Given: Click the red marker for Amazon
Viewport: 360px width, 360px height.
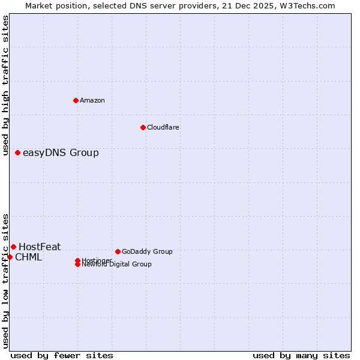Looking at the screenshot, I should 76,100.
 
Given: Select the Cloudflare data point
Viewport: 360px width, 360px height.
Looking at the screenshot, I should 143,127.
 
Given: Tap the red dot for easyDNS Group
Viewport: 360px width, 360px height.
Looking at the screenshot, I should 18,152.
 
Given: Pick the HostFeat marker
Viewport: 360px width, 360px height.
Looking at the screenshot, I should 13,247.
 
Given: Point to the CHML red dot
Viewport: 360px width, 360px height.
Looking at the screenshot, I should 10,257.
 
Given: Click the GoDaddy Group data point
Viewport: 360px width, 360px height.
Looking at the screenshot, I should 118,251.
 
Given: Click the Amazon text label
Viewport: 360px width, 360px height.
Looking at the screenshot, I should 92,100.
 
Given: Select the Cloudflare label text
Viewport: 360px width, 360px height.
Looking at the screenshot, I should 163,127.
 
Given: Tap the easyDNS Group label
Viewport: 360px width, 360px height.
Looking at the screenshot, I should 61,152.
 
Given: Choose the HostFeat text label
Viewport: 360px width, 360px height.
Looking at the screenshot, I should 40,247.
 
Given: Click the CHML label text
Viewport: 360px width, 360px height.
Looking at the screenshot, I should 28,257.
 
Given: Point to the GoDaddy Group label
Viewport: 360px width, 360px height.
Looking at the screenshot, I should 147,251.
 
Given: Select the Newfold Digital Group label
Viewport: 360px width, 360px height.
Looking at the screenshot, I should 117,264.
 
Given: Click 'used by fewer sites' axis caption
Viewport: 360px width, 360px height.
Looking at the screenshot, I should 62,355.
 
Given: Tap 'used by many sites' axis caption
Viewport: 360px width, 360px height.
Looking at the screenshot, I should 301,355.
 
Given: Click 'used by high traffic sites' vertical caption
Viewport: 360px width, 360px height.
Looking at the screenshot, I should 5,85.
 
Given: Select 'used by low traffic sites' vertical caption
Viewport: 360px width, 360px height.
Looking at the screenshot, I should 5,280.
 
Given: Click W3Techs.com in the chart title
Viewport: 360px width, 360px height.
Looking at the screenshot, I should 310,5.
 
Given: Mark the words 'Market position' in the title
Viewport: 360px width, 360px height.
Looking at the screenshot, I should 53,5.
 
